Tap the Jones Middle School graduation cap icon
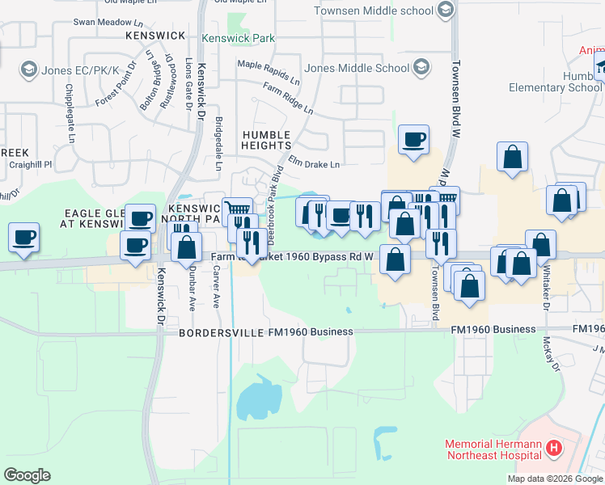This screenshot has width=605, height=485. point(421,68)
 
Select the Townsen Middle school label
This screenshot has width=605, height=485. point(374,11)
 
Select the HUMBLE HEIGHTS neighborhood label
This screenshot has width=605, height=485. point(266,139)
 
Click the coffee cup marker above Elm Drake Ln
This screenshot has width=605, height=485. point(413,140)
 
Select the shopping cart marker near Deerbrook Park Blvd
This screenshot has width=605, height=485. point(238,209)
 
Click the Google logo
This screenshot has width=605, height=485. point(27,474)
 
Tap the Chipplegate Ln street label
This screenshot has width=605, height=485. point(66,99)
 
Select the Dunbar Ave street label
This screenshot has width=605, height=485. point(192,291)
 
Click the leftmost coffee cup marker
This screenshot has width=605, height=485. point(23,238)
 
